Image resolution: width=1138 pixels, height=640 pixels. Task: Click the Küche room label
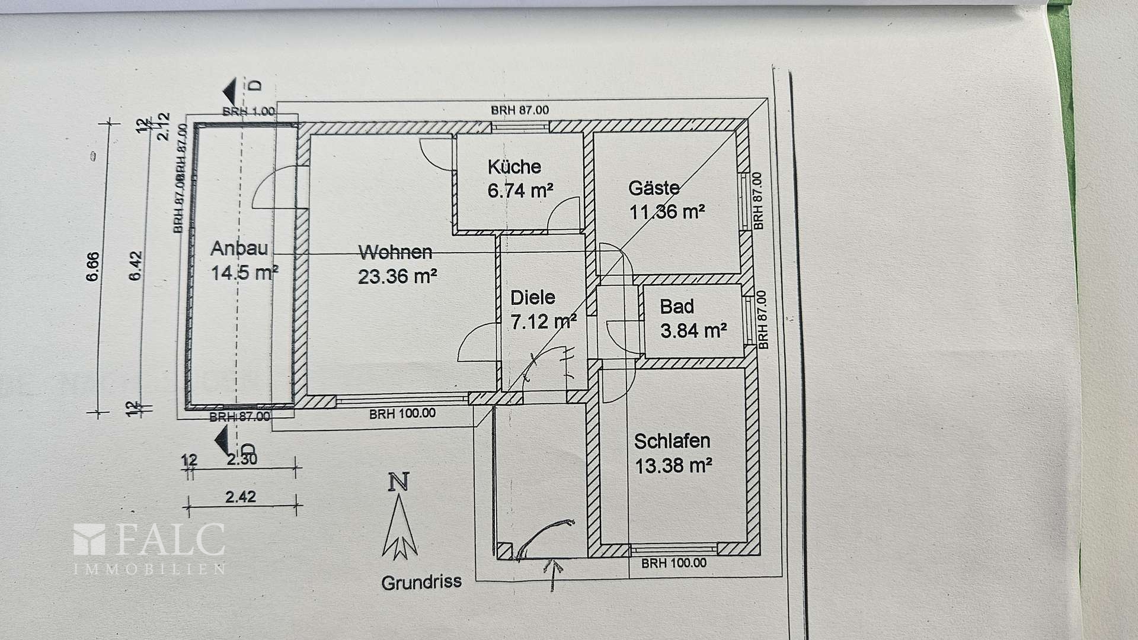click(514, 166)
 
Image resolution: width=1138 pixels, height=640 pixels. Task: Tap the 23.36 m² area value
click(398, 276)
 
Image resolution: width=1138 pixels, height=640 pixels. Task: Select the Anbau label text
click(239, 248)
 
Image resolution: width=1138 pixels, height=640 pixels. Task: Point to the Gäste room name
click(654, 188)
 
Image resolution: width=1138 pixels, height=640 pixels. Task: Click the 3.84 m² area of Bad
click(693, 330)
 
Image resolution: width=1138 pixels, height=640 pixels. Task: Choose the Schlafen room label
click(672, 441)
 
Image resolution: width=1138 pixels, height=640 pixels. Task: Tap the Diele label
click(532, 297)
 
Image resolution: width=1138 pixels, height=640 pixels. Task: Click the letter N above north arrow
click(398, 482)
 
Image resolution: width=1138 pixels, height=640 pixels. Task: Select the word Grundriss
click(421, 583)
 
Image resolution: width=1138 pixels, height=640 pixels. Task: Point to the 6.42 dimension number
click(136, 266)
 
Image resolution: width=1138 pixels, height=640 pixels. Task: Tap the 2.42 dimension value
click(240, 497)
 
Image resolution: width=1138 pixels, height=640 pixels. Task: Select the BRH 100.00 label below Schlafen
click(673, 563)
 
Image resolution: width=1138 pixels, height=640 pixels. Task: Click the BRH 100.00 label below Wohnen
click(402, 414)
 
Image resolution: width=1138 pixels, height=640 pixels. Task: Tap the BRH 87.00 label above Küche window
click(519, 110)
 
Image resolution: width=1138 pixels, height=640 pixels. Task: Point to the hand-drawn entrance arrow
click(555, 574)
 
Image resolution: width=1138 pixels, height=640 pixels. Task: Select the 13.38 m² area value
click(673, 466)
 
